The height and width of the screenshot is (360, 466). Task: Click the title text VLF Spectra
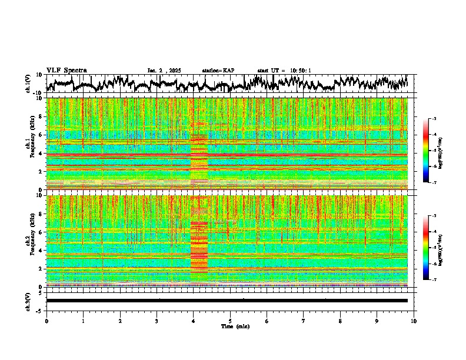click(x=66, y=71)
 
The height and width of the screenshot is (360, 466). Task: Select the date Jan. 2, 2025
click(x=167, y=71)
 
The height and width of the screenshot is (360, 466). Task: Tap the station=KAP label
click(x=218, y=71)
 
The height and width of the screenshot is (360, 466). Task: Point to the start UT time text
click(x=284, y=71)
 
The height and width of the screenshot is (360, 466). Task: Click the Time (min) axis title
click(x=235, y=326)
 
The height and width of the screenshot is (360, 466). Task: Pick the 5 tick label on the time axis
click(x=230, y=321)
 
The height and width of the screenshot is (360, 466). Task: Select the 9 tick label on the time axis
click(x=377, y=321)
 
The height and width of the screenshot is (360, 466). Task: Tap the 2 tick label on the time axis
click(x=120, y=321)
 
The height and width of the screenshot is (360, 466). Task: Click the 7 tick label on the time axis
click(x=304, y=321)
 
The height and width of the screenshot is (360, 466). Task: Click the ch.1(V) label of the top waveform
click(x=29, y=84)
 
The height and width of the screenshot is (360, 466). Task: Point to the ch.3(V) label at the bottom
click(x=29, y=300)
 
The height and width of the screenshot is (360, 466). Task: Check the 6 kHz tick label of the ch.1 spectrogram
click(x=42, y=135)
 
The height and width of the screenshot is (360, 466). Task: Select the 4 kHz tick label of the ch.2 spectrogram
click(x=42, y=250)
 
